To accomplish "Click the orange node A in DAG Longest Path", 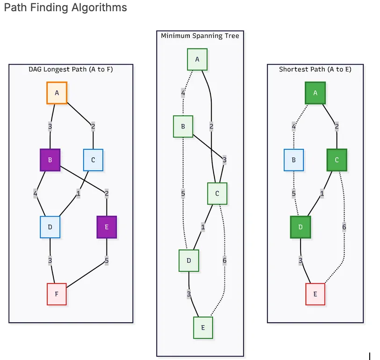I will (57, 93).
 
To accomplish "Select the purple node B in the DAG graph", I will (50, 160).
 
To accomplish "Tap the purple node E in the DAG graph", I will (107, 227).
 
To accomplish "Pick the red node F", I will (57, 294).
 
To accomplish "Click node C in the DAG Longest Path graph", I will (93, 160).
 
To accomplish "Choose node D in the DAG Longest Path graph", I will (50, 227).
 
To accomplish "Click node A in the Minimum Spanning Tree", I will (197, 59).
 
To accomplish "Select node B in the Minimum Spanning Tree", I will (183, 127).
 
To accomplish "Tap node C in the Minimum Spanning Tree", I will (217, 193).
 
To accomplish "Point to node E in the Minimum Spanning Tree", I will (203, 328).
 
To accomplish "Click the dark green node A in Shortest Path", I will (315, 93).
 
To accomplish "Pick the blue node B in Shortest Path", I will (294, 160).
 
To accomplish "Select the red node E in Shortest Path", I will (315, 294).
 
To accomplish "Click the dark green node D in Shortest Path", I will (301, 227).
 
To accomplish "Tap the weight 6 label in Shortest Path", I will (344, 227).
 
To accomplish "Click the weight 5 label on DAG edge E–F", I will (107, 261).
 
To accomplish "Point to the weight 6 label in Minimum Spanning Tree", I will (224, 261).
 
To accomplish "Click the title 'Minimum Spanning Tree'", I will (200, 36).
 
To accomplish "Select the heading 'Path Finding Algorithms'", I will (65, 8).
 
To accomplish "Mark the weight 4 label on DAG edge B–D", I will (36, 193).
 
